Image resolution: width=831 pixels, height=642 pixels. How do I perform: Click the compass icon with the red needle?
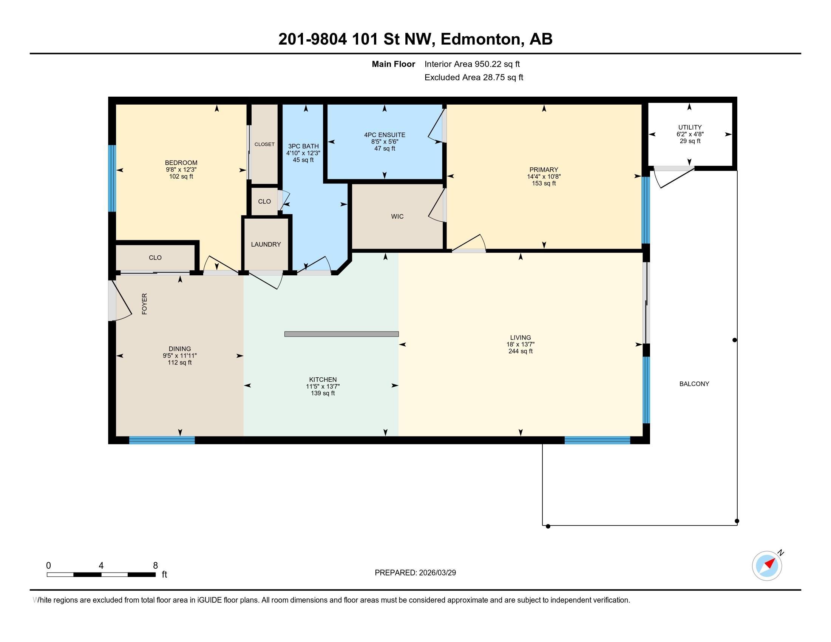[x=767, y=566]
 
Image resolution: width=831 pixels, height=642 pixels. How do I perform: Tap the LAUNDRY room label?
[x=266, y=245]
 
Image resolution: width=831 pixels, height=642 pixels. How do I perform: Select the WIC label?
[x=397, y=216]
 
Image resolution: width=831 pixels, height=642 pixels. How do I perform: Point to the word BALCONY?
[x=694, y=384]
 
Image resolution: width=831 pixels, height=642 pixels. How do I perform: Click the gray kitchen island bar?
[x=342, y=334]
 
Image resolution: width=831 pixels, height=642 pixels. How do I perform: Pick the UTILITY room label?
[x=690, y=127]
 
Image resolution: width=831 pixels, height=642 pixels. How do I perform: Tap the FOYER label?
[x=145, y=304]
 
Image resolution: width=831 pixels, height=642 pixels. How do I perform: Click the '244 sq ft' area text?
[x=521, y=352]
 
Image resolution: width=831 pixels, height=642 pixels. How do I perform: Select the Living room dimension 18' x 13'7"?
[x=521, y=344]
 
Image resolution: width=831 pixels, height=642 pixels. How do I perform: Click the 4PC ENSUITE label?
[x=385, y=135]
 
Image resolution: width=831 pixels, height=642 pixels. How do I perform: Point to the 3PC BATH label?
[x=303, y=147]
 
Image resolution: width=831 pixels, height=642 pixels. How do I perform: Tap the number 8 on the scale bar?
[x=155, y=566]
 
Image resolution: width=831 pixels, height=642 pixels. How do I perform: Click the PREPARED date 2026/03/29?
[x=437, y=573]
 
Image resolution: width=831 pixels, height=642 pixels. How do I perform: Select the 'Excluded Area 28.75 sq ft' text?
[x=474, y=77]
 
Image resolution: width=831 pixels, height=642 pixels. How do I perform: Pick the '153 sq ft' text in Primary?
[x=544, y=183]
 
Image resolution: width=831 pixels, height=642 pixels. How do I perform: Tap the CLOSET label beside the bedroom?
[x=264, y=145]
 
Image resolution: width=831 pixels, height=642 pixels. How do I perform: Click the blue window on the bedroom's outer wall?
[x=112, y=178]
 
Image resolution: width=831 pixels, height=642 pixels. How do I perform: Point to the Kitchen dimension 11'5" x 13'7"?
[x=323, y=386]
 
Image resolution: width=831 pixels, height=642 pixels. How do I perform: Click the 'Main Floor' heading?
[x=394, y=64]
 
